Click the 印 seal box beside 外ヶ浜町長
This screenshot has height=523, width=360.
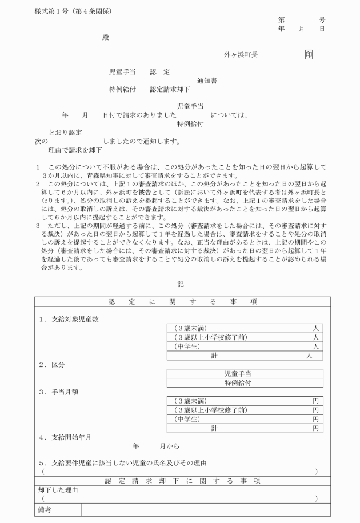[309, 55]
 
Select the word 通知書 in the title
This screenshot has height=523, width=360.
[207, 81]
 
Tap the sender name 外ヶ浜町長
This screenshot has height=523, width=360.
[241, 55]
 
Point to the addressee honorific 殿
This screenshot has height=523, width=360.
[105, 38]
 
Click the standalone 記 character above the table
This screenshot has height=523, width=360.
[181, 284]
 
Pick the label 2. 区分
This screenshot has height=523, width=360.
[52, 364]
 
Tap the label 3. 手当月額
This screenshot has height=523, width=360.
[60, 392]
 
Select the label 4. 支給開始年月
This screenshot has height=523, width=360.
[65, 437]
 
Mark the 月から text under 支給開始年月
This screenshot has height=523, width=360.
[169, 446]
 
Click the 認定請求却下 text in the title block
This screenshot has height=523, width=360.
[170, 90]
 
